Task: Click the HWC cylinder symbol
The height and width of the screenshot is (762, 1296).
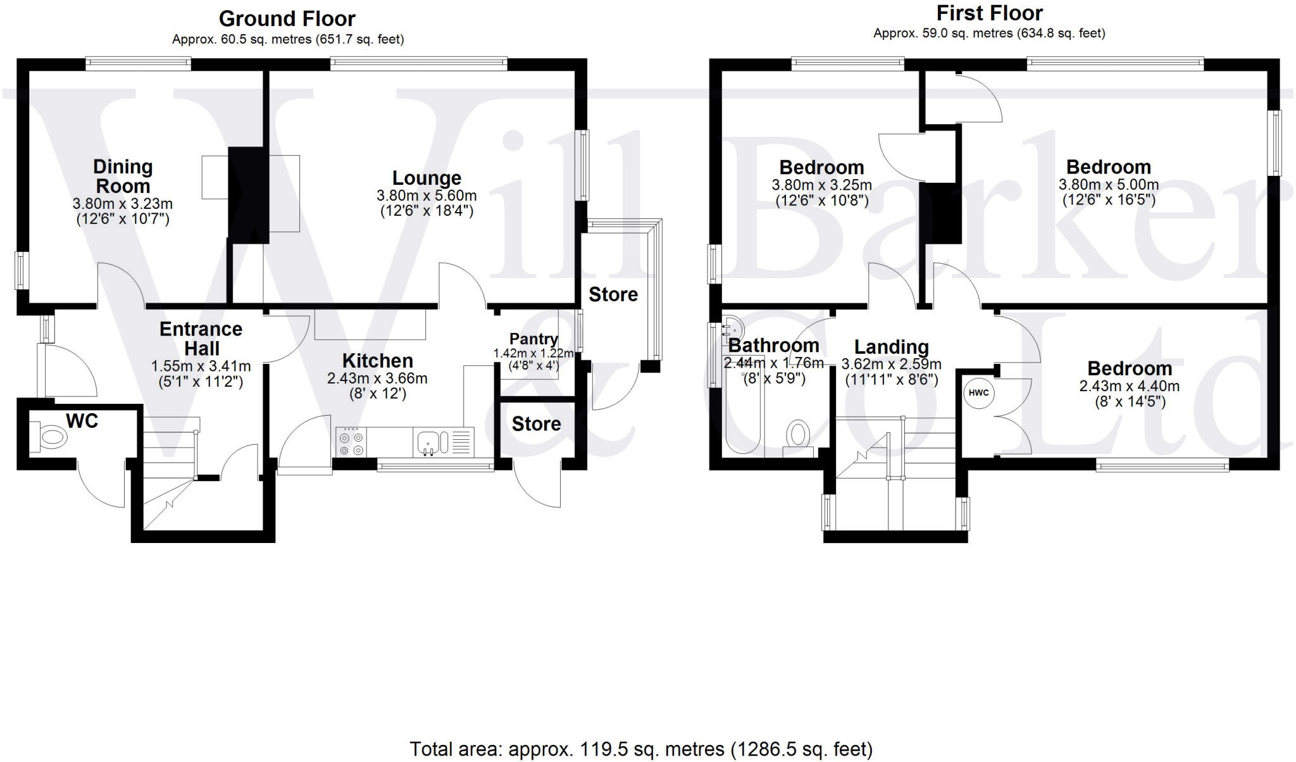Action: point(978,393)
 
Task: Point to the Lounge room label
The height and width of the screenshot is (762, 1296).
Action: point(427,178)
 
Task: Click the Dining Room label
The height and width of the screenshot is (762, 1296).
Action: point(123,177)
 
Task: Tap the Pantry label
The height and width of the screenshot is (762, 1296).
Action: point(533,339)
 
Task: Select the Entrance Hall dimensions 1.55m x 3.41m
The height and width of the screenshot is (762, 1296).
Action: point(201,366)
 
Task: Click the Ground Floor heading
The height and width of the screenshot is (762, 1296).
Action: point(287,19)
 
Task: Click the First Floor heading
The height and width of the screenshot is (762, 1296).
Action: point(989,13)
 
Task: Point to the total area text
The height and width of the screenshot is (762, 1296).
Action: point(640,749)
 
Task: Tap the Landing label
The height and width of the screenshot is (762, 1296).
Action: point(891,347)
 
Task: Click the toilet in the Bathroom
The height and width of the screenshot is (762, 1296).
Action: point(799,436)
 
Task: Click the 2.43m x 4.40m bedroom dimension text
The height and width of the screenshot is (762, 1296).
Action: point(1129,386)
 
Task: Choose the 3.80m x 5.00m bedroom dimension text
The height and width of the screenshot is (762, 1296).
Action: point(1109,185)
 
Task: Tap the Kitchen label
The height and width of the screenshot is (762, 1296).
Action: point(377,361)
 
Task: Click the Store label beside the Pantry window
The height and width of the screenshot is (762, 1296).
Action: point(613,294)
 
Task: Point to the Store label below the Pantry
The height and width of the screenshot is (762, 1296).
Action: point(536,424)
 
